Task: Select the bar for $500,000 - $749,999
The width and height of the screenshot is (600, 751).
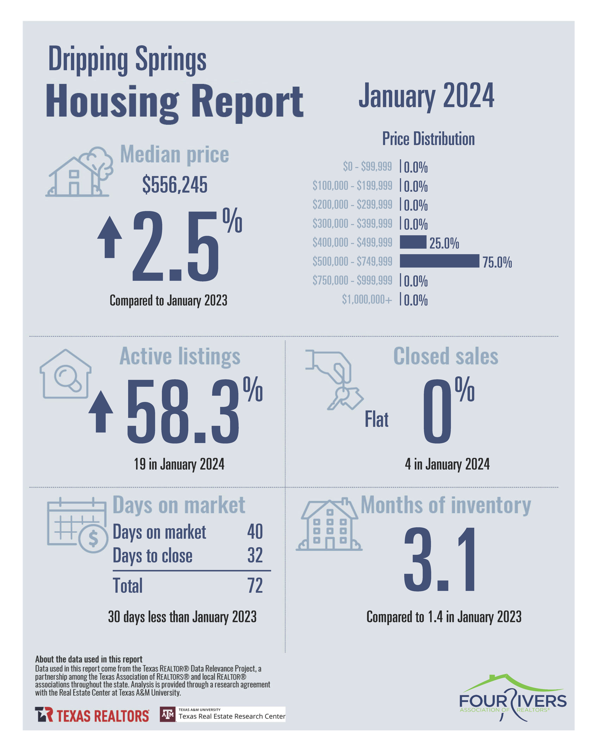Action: click(439, 261)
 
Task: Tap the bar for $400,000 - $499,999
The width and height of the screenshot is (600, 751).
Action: click(413, 242)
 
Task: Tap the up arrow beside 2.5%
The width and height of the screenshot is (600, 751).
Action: click(110, 237)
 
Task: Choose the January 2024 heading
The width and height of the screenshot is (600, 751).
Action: click(426, 96)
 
